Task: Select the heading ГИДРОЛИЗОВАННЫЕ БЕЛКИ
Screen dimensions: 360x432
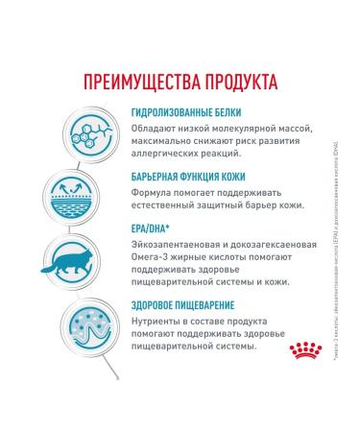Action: click(x=185, y=112)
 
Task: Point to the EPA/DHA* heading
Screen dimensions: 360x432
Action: click(x=151, y=227)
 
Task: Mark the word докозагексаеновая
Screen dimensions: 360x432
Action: click(x=273, y=244)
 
